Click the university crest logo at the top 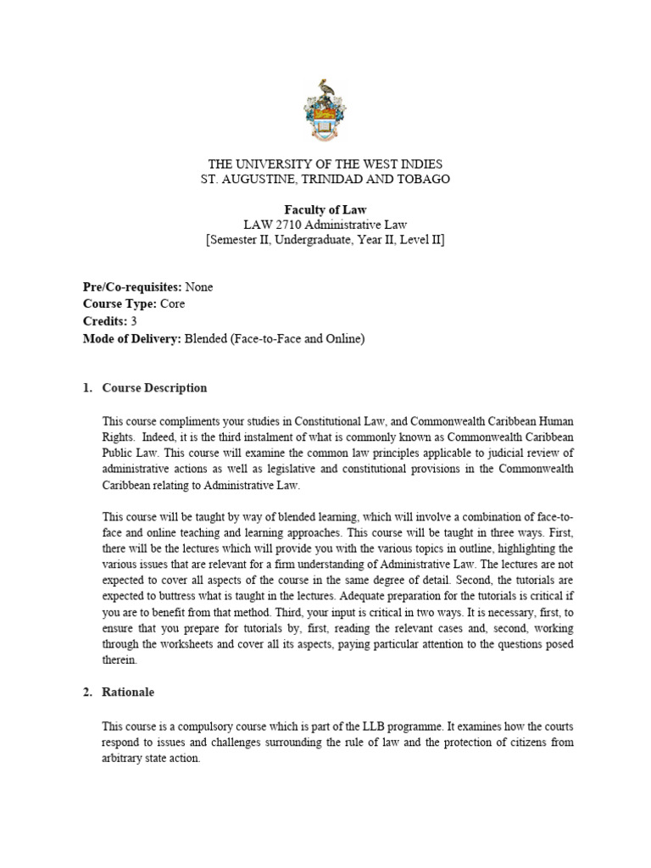(x=325, y=110)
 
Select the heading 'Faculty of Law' (x=325, y=209)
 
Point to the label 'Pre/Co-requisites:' (x=133, y=287)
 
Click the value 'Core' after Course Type (x=172, y=303)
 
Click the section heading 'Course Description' (x=154, y=388)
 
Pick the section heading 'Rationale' (x=128, y=693)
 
